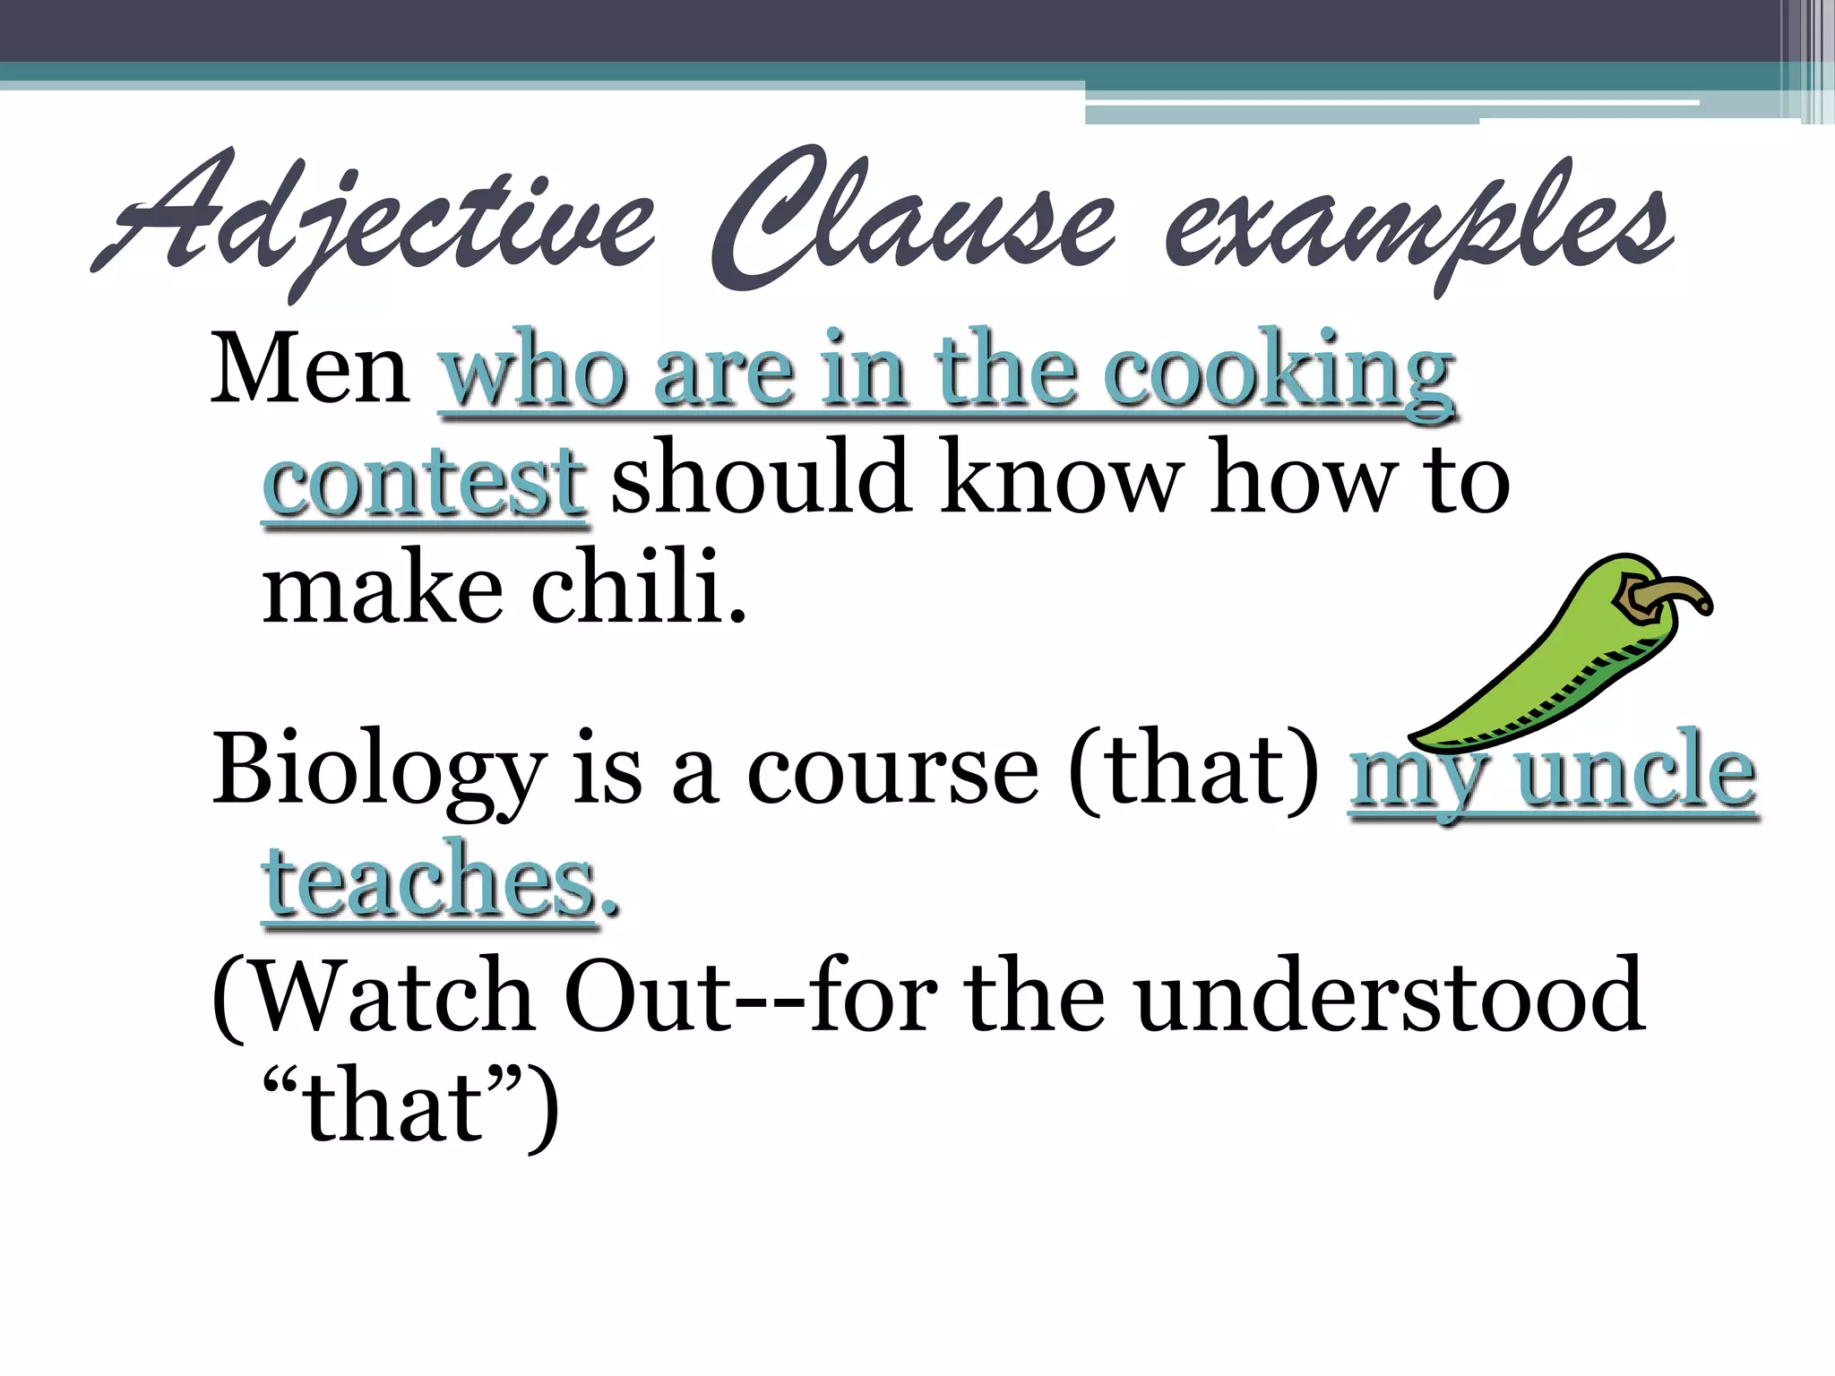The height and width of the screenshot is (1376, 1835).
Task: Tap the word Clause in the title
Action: coord(914,219)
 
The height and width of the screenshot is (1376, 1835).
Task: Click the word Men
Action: coord(309,369)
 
